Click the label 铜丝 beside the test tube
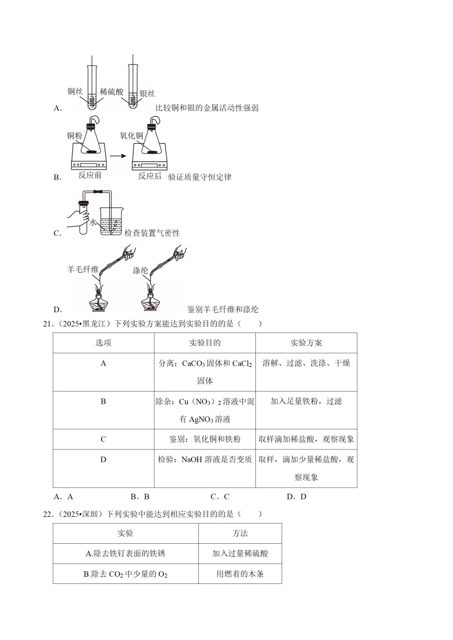pyautogui.click(x=75, y=91)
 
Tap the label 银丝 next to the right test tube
pyautogui.click(x=147, y=93)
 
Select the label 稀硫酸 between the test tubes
pyautogui.click(x=112, y=92)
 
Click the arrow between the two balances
pyautogui.click(x=118, y=156)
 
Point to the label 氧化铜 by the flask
pyautogui.click(x=131, y=136)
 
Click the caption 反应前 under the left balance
pyautogui.click(x=90, y=175)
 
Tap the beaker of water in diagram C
pyautogui.click(x=111, y=221)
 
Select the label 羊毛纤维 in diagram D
pyautogui.click(x=83, y=269)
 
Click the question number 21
pyautogui.click(x=48, y=324)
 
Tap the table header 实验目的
pyautogui.click(x=205, y=343)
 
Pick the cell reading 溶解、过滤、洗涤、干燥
pyautogui.click(x=306, y=363)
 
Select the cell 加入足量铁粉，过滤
pyautogui.click(x=306, y=401)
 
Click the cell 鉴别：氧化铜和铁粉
pyautogui.click(x=205, y=439)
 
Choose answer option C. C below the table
pyautogui.click(x=220, y=497)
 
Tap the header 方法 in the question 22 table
pyautogui.click(x=240, y=533)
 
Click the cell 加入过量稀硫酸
pyautogui.click(x=240, y=553)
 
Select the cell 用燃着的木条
pyautogui.click(x=240, y=574)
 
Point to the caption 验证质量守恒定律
pyautogui.click(x=200, y=177)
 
